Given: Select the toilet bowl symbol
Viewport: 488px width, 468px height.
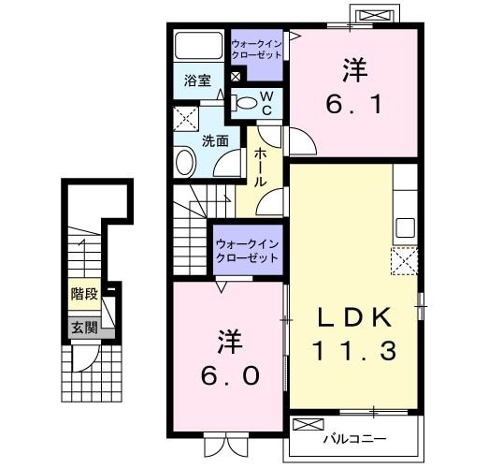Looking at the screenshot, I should tap(244, 103).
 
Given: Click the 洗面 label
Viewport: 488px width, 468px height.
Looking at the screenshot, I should tap(216, 141).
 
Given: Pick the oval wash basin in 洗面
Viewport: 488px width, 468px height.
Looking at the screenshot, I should tap(184, 163).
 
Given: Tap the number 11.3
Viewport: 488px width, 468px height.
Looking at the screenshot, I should tap(356, 352).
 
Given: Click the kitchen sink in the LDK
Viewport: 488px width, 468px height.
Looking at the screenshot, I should tap(405, 227).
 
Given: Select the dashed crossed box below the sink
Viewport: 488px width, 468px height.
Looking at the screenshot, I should tap(405, 260).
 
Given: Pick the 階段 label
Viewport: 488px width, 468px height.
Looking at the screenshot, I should tap(84, 294).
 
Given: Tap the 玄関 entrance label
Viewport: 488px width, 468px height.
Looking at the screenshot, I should tap(83, 328).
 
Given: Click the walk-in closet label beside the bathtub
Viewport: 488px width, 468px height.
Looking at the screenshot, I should tap(256, 49).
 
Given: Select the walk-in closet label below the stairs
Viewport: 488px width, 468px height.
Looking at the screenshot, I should tap(247, 251).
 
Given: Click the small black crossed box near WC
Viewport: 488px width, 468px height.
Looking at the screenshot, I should tap(235, 77).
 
